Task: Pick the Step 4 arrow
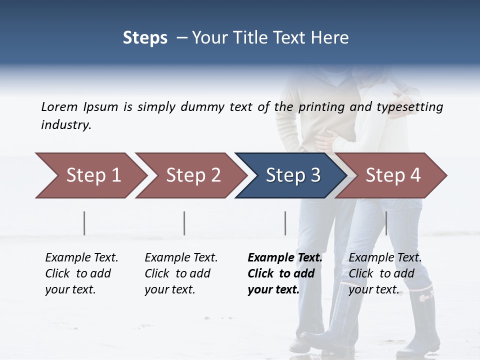pos(393,175)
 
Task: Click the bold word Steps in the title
pos(145,38)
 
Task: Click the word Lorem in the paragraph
pos(59,107)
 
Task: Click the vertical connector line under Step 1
pos(84,223)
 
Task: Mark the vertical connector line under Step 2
pos(184,223)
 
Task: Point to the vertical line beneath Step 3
pos(285,223)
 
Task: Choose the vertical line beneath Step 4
pos(386,223)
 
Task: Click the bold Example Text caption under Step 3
pos(285,273)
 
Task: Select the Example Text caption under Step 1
pos(81,273)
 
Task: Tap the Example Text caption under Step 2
pos(181,273)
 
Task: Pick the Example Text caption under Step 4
pos(385,273)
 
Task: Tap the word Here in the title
pos(330,38)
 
